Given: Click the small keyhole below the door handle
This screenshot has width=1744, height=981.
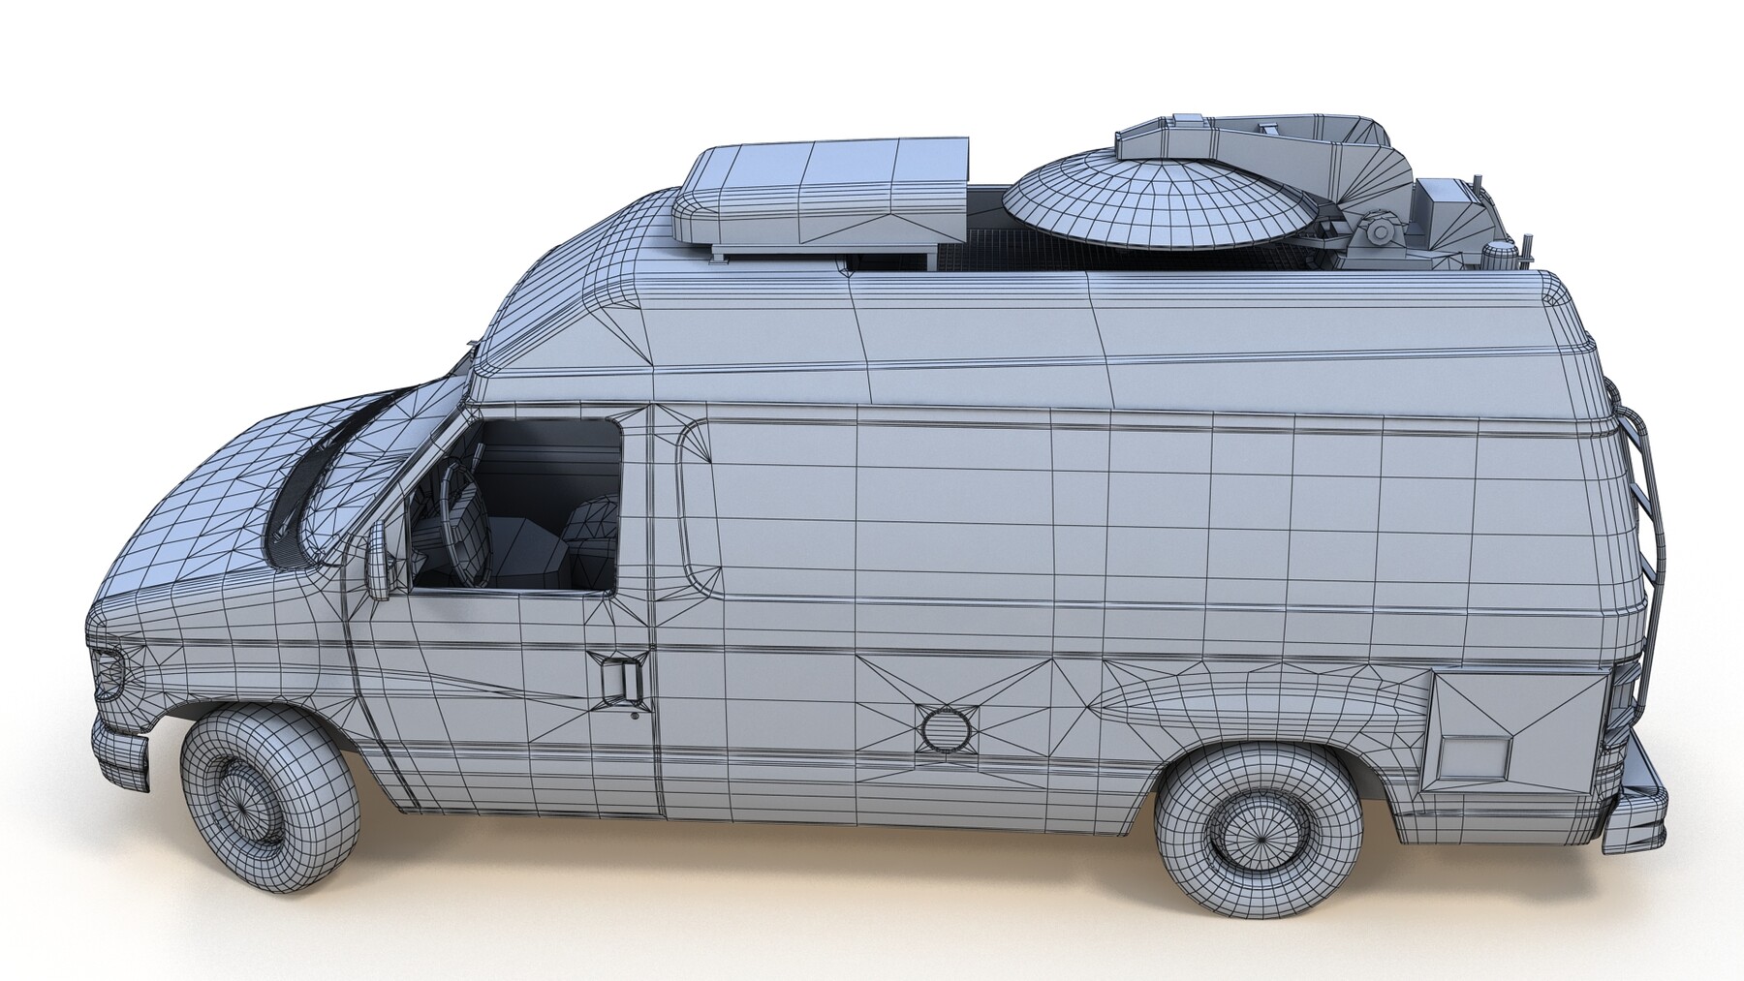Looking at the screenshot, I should (633, 717).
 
